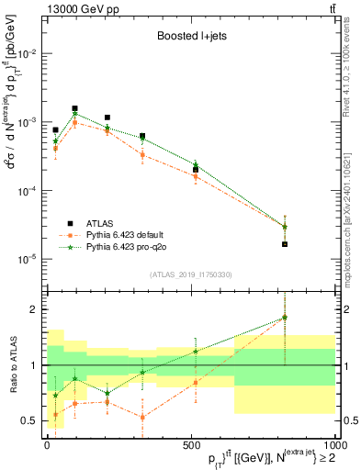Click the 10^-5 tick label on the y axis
point(28,259)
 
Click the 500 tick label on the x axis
point(190,444)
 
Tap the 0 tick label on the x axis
point(47,444)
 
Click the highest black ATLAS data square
point(74,108)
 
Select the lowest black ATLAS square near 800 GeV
point(285,244)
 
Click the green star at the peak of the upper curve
point(74,114)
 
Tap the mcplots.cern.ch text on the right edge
point(353,239)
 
